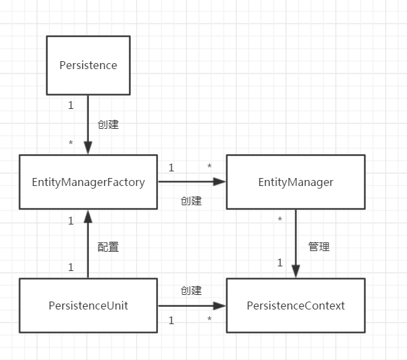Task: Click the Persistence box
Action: pyautogui.click(x=88, y=65)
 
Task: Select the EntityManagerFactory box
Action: pyautogui.click(x=88, y=182)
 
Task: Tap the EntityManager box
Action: pyautogui.click(x=295, y=182)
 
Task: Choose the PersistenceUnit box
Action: pyautogui.click(x=88, y=306)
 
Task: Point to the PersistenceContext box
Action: pyautogui.click(x=295, y=306)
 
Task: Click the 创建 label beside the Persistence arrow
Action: pyautogui.click(x=108, y=124)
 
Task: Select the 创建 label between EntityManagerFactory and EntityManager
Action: pyautogui.click(x=191, y=201)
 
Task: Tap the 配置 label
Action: pyautogui.click(x=108, y=247)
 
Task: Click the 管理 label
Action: pyautogui.click(x=319, y=247)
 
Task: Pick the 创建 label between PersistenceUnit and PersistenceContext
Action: pyautogui.click(x=191, y=291)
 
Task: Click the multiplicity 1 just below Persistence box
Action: pyautogui.click(x=71, y=105)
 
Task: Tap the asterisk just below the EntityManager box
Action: pyautogui.click(x=280, y=220)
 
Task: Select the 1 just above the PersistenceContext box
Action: pyautogui.click(x=280, y=263)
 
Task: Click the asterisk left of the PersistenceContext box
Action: pyautogui.click(x=209, y=321)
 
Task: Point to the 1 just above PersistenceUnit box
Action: pyautogui.click(x=71, y=267)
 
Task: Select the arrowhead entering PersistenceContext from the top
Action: pyautogui.click(x=295, y=272)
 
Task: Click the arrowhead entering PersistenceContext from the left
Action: pyautogui.click(x=221, y=306)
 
